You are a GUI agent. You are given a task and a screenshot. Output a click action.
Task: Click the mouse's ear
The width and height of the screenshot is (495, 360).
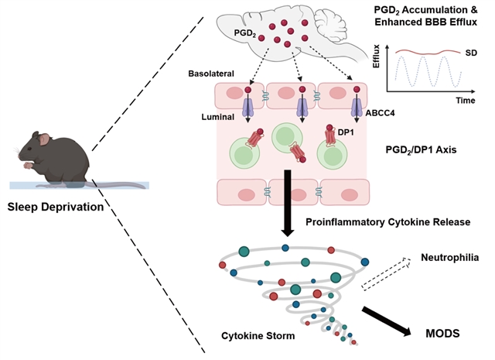tap(46, 140)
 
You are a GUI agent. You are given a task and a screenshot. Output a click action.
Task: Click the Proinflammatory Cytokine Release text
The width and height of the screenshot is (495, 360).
tap(387, 223)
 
